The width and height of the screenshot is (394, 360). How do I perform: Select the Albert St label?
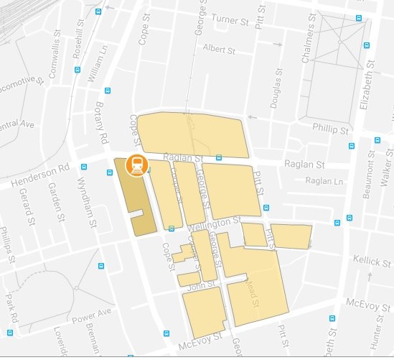pyautogui.click(x=219, y=50)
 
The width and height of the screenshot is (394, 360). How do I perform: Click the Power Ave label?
pyautogui.click(x=97, y=314)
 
